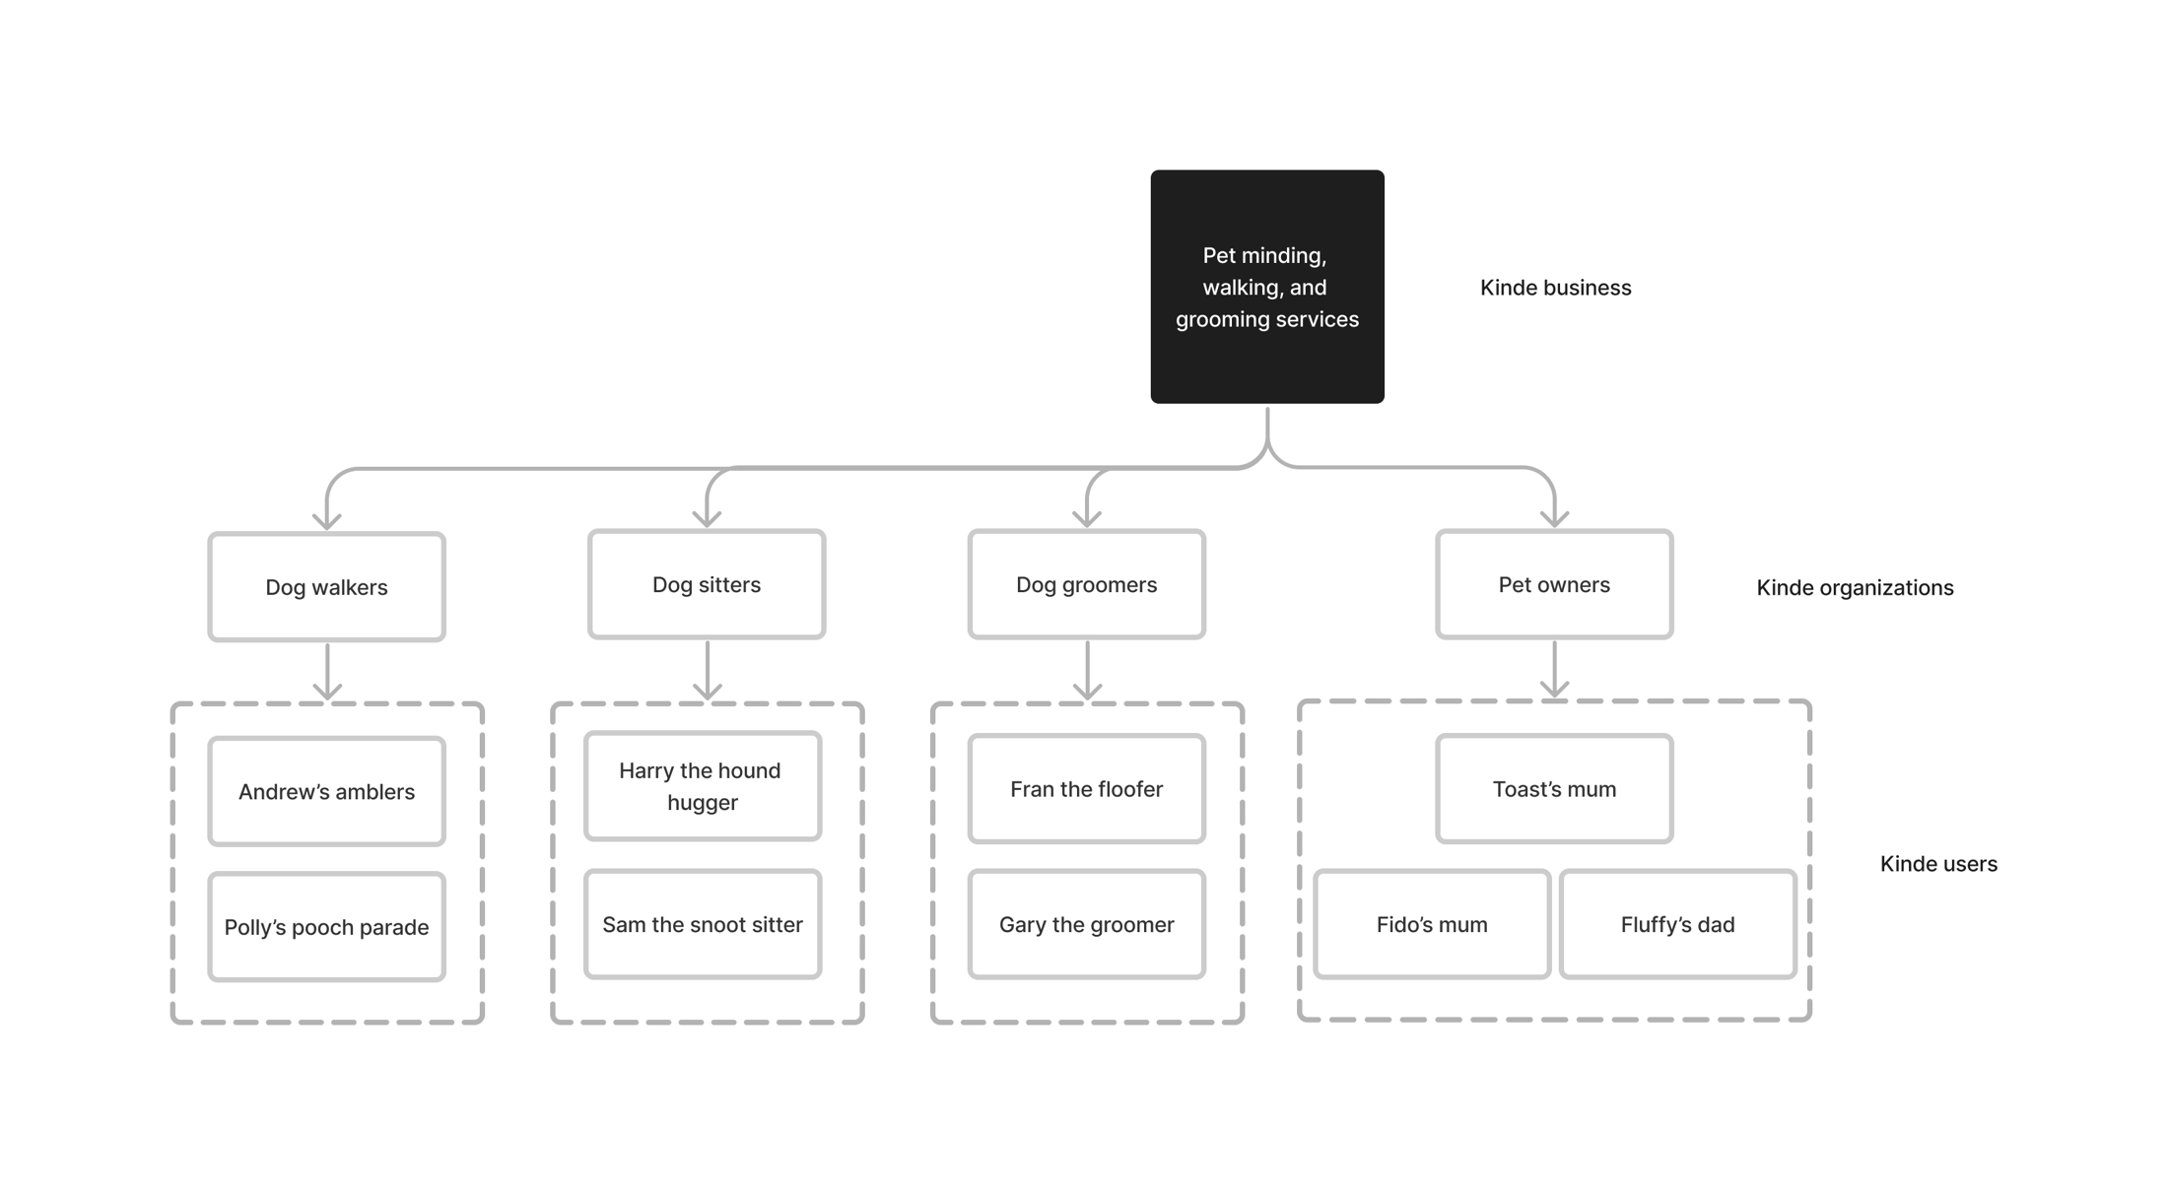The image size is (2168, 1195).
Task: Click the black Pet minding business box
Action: click(1267, 287)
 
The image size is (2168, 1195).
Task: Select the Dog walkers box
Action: click(326, 587)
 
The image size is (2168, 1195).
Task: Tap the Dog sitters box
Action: click(707, 584)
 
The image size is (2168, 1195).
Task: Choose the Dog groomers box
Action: click(1086, 584)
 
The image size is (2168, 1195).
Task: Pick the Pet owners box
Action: click(1554, 584)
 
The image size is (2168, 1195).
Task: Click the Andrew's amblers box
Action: click(326, 791)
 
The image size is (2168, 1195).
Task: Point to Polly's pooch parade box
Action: click(326, 927)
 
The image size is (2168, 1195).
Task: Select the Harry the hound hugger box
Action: click(703, 786)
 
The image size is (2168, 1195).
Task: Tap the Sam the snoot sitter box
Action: click(703, 924)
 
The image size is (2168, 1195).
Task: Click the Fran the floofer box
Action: click(1086, 789)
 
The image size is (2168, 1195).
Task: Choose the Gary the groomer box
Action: click(1086, 924)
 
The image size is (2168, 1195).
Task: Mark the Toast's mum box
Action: click(1554, 789)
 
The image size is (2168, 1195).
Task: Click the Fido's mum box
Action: click(1432, 924)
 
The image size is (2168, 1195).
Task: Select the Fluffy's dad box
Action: click(1678, 924)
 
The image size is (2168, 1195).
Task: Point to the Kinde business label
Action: click(1555, 288)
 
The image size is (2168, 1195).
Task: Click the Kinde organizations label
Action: click(1855, 588)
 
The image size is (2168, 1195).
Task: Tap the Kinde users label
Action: click(1938, 864)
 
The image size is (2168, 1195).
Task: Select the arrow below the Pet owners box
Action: click(1554, 670)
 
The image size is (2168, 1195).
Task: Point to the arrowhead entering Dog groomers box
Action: click(1087, 518)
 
